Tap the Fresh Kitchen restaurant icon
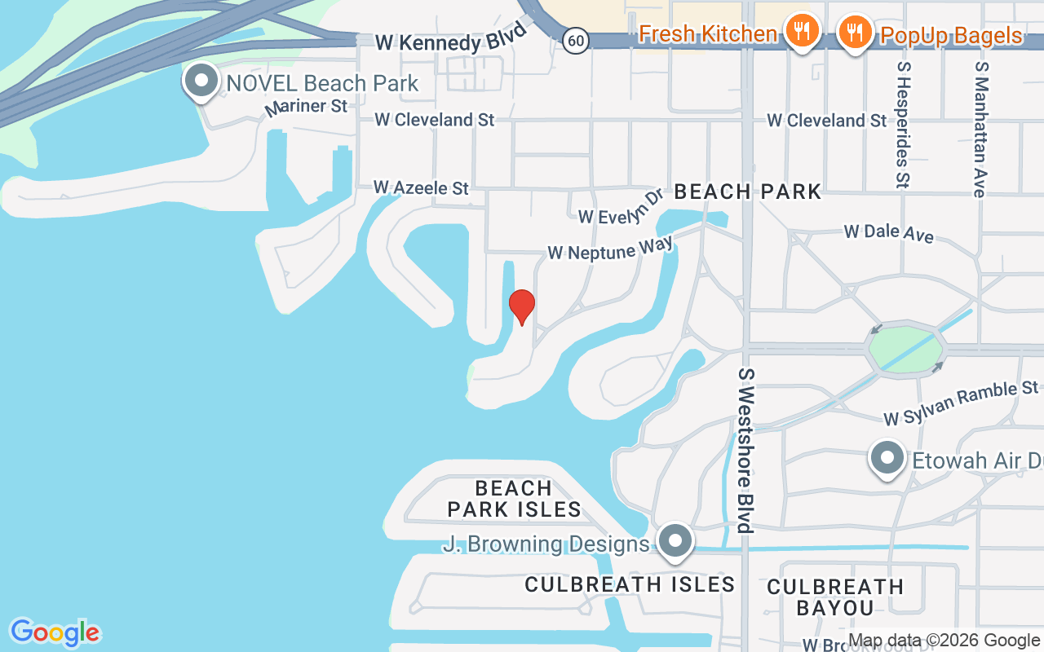click(803, 31)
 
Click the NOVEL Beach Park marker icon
click(201, 81)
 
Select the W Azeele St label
click(422, 187)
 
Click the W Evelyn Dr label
click(621, 208)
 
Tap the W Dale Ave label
click(889, 233)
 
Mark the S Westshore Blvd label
click(744, 450)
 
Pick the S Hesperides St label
click(902, 124)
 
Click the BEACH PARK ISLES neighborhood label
click(514, 499)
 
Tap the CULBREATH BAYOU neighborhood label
click(835, 597)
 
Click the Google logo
click(55, 632)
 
